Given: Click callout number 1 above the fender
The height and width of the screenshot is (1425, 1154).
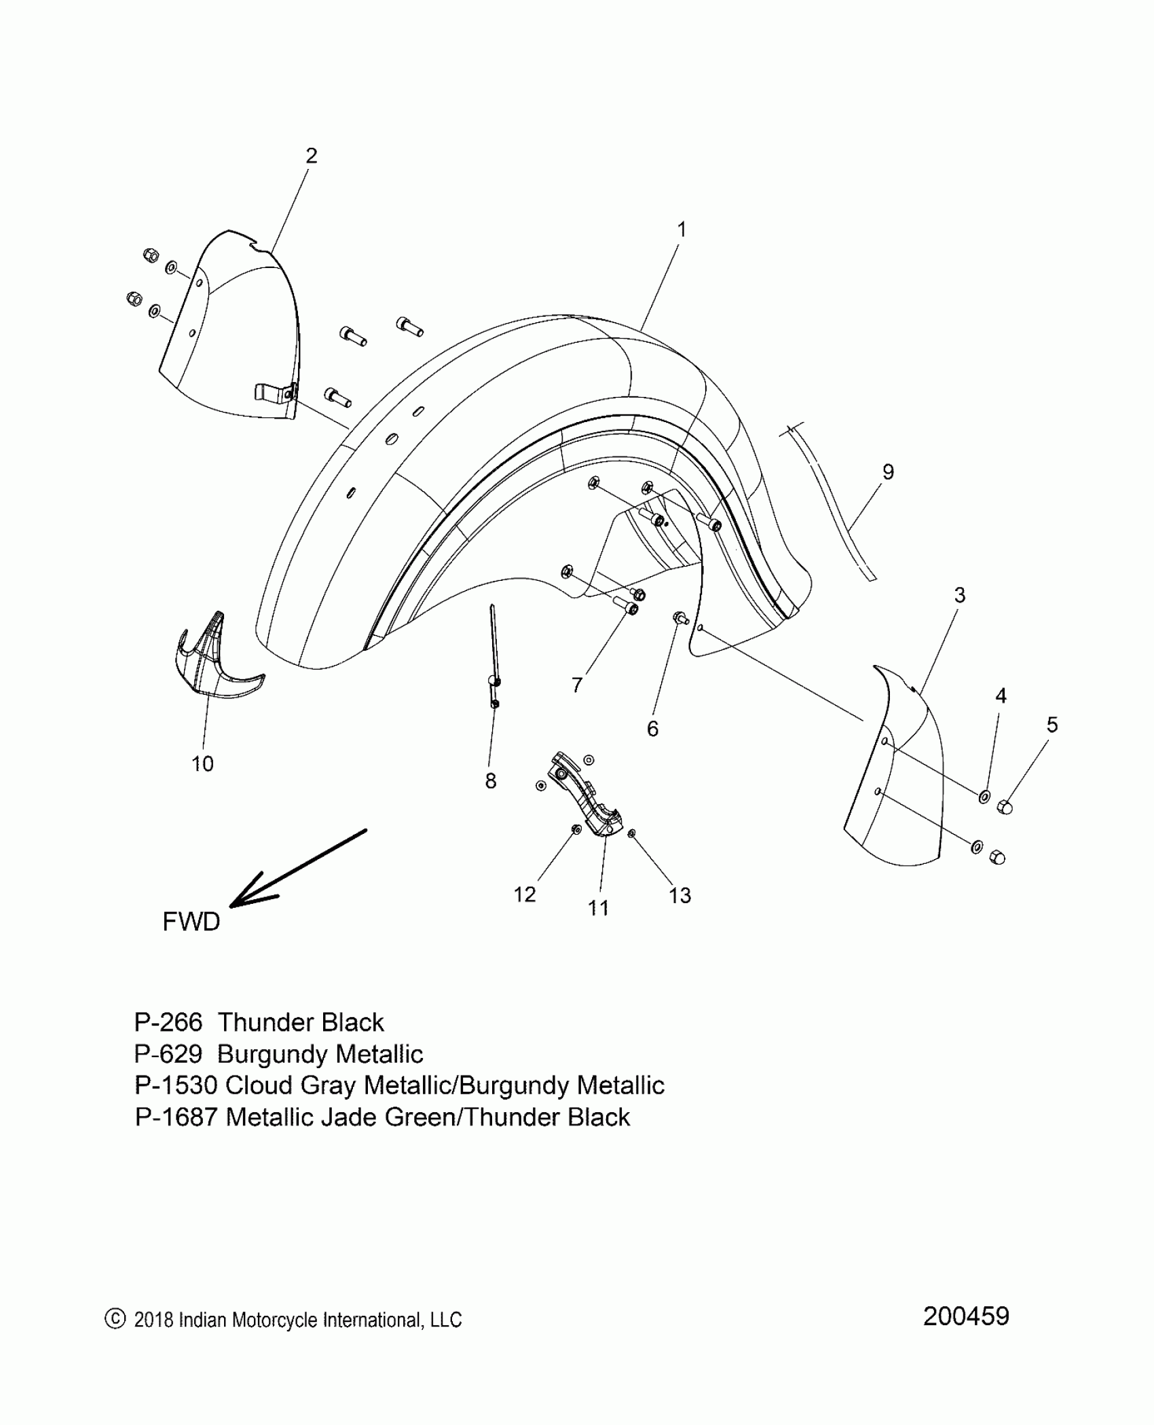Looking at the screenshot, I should click(682, 230).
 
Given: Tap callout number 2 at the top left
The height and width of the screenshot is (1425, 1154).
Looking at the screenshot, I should click(311, 156).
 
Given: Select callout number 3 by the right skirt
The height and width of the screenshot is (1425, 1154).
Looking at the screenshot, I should click(959, 595).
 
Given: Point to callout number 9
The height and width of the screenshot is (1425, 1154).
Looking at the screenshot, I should click(888, 472).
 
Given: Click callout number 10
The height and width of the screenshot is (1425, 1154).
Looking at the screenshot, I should click(202, 764).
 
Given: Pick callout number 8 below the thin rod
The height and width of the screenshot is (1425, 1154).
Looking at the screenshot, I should click(491, 781).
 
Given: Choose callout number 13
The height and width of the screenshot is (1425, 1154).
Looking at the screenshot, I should click(680, 896).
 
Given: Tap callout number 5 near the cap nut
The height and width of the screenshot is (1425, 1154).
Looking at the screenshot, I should click(1051, 725).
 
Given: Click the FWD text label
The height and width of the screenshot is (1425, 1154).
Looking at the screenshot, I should click(191, 921).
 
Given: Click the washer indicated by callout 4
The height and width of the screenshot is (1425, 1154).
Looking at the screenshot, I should click(984, 796).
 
